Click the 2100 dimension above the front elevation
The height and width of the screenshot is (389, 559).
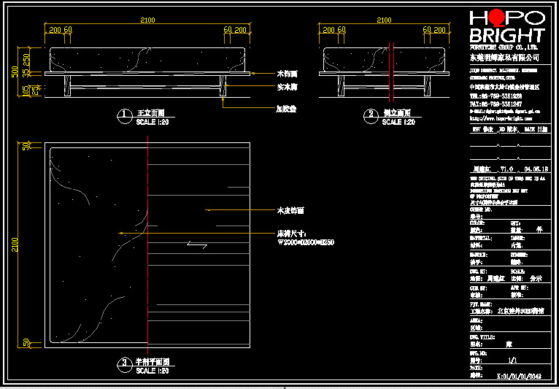point(147,20)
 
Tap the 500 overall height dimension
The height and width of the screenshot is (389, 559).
point(15,72)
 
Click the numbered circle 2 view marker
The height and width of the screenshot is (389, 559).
point(371,115)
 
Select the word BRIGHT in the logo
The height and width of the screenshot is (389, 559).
point(506,36)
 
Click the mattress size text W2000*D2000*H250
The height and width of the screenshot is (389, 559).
point(305,242)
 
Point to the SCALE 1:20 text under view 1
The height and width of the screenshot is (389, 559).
point(153,123)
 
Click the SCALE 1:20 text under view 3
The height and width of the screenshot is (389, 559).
point(153,371)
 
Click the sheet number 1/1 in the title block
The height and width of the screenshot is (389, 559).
point(512,360)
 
